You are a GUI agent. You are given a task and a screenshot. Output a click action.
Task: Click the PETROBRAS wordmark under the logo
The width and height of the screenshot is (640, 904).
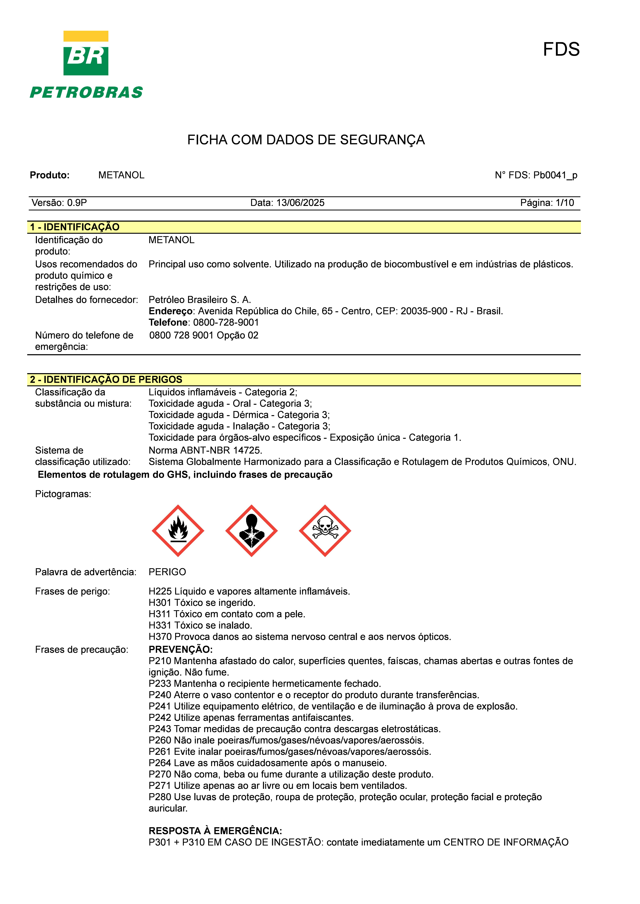click(x=86, y=93)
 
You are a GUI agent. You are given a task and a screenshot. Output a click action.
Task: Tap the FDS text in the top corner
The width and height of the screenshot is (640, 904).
click(x=561, y=50)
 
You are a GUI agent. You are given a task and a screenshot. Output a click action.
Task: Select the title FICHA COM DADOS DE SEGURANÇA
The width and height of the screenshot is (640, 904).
click(x=306, y=140)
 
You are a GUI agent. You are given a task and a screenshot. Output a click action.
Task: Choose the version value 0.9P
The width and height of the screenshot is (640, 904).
click(x=77, y=203)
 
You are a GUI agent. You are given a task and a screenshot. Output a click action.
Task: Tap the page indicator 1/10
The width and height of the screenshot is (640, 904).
click(x=564, y=203)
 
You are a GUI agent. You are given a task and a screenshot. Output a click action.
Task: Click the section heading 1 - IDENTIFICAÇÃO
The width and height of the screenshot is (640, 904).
click(x=75, y=227)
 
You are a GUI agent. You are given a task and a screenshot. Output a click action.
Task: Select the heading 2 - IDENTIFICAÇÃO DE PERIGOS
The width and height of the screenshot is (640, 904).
click(x=106, y=380)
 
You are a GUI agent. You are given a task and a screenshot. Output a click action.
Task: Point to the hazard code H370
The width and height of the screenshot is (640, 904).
click(x=160, y=637)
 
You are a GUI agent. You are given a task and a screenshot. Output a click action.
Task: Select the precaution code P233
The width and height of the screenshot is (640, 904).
click(x=160, y=683)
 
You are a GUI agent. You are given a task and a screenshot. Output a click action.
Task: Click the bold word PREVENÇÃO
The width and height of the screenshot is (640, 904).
click(x=181, y=649)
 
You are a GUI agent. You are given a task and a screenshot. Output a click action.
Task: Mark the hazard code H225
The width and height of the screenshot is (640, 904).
click(x=160, y=591)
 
